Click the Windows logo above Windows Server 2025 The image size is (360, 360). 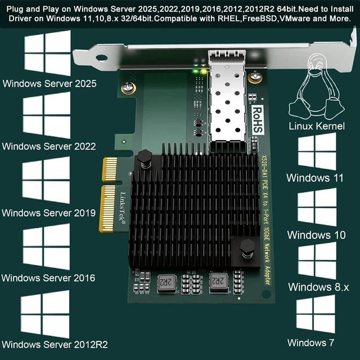click(47, 53)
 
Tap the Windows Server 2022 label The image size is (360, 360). click(49, 146)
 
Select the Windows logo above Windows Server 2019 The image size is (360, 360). click(46, 180)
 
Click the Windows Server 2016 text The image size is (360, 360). click(48, 278)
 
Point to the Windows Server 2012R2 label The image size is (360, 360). click(55, 345)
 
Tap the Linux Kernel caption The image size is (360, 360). click(317, 126)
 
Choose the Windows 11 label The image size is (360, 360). click(315, 178)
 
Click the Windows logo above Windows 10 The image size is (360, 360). click(317, 207)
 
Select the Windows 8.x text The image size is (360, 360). click(318, 287)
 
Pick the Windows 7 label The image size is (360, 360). click(310, 343)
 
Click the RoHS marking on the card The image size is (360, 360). click(258, 120)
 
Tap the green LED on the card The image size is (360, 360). click(196, 71)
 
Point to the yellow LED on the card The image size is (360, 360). click(204, 71)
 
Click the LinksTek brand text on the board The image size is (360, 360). click(123, 208)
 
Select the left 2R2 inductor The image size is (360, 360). click(166, 283)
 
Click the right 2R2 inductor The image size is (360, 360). click(219, 282)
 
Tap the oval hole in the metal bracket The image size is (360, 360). click(101, 57)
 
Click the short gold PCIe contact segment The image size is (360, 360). click(110, 169)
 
